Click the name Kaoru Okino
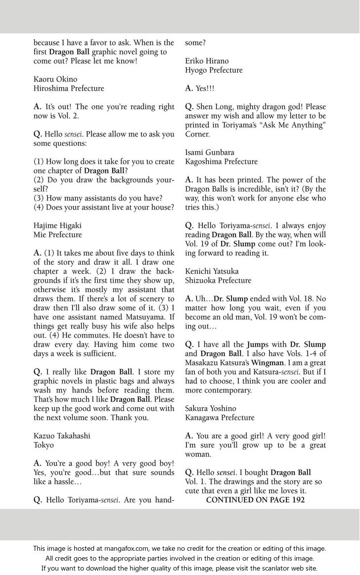tap(55, 79)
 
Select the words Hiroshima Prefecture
tap(69, 88)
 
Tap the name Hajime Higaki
tap(58, 225)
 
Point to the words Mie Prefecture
tap(58, 235)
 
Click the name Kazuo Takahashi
tap(62, 436)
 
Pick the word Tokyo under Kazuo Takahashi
tap(44, 445)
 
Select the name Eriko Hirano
tap(207, 61)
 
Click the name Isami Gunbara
tap(210, 152)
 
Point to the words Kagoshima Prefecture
tap(221, 161)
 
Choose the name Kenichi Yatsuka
tap(212, 271)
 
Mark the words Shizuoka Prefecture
tap(218, 280)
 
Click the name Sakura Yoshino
tap(211, 408)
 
